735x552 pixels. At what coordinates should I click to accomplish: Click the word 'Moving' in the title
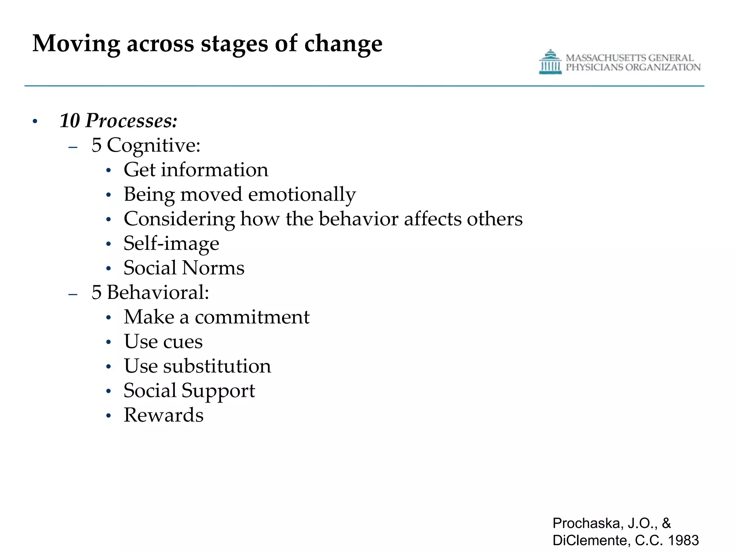pyautogui.click(x=76, y=44)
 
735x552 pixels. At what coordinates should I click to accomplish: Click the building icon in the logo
pyautogui.click(x=550, y=62)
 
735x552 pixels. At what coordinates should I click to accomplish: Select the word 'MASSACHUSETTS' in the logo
pyautogui.click(x=606, y=58)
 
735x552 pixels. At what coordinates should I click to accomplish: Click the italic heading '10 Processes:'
pyautogui.click(x=118, y=120)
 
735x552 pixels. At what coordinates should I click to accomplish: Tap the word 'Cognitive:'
pyautogui.click(x=154, y=145)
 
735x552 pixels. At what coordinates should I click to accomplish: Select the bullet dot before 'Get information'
pyautogui.click(x=109, y=170)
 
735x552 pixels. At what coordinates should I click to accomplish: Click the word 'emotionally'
pyautogui.click(x=302, y=194)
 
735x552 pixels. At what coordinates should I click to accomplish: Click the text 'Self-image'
pyautogui.click(x=171, y=243)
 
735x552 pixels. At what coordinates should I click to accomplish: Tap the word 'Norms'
pyautogui.click(x=213, y=268)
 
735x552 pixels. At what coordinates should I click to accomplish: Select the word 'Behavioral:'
pyautogui.click(x=158, y=292)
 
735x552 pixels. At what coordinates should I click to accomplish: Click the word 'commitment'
pyautogui.click(x=252, y=317)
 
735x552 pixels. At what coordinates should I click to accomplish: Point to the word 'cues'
pyautogui.click(x=183, y=341)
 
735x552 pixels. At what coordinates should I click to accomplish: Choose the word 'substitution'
pyautogui.click(x=217, y=366)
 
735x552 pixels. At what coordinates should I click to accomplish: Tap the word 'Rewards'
pyautogui.click(x=164, y=415)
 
